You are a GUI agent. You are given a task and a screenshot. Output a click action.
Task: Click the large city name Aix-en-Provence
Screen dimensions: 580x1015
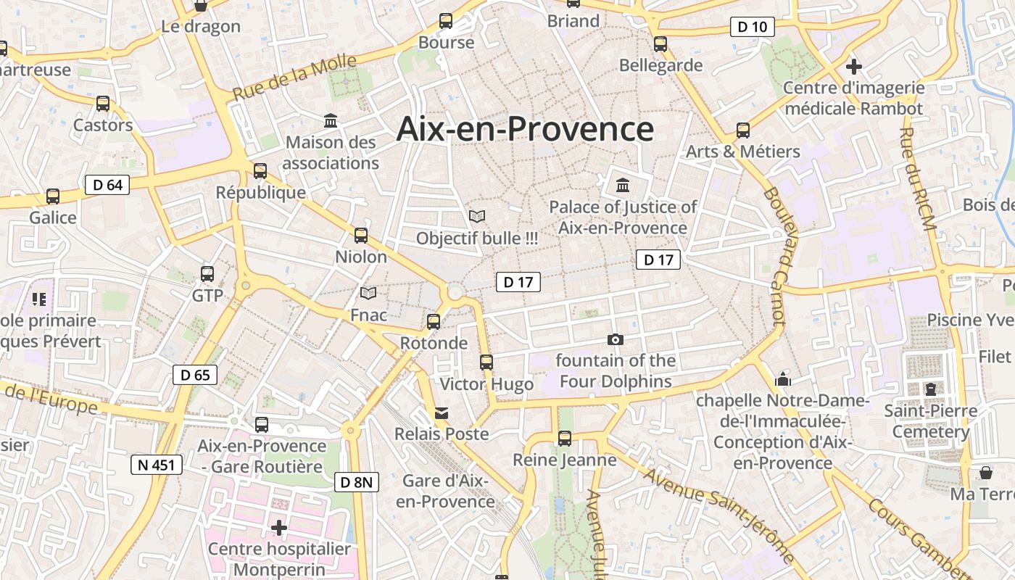click(525, 129)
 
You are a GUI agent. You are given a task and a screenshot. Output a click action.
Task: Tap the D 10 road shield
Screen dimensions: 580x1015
click(752, 28)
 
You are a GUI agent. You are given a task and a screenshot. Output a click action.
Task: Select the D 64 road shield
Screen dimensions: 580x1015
click(107, 185)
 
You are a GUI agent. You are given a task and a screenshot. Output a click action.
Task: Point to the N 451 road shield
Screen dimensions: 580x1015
click(157, 465)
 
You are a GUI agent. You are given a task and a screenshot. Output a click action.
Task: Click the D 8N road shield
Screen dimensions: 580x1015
click(357, 482)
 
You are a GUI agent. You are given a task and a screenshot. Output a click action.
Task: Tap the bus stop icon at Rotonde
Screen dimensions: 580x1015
click(434, 321)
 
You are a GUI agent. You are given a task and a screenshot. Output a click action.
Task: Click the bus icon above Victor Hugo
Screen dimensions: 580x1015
click(486, 362)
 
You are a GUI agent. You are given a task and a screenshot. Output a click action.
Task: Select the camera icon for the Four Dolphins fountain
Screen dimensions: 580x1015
click(615, 339)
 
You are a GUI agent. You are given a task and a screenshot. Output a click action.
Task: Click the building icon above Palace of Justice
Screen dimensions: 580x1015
click(622, 185)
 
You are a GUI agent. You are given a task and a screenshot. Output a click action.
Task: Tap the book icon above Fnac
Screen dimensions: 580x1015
click(368, 293)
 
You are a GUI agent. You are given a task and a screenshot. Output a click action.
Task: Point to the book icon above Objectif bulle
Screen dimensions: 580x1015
click(476, 216)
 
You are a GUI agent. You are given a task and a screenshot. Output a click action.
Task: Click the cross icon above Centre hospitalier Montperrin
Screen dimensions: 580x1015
click(279, 527)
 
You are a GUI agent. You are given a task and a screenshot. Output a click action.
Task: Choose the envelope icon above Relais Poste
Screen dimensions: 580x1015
click(441, 413)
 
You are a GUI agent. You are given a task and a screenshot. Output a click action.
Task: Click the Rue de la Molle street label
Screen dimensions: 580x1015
click(295, 78)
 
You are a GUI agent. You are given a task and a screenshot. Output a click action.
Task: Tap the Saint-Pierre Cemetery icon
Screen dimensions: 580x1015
click(931, 389)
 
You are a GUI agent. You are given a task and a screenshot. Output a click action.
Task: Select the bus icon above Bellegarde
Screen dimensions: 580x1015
click(660, 43)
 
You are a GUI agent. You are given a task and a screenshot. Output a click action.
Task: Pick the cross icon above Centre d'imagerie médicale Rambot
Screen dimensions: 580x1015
click(854, 67)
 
